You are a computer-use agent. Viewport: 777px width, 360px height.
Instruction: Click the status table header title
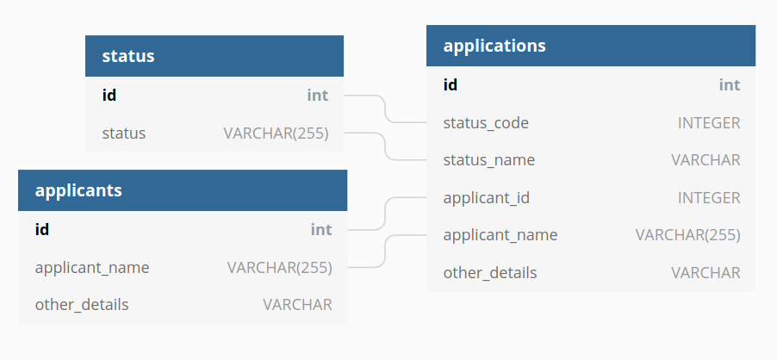click(128, 57)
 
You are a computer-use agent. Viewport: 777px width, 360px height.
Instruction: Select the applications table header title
click(494, 46)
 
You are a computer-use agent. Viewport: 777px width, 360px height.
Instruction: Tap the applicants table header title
click(78, 190)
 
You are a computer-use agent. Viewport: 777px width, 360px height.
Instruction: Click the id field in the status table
click(109, 96)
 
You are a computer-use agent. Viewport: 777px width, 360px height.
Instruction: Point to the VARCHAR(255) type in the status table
click(276, 133)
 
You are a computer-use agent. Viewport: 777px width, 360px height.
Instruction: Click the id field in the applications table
click(451, 84)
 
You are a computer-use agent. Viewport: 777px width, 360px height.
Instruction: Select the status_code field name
click(486, 122)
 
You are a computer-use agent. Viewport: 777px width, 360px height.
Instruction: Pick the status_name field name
click(489, 160)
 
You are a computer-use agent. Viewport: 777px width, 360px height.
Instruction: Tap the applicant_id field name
click(487, 198)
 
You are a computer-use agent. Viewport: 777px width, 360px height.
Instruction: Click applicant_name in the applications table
click(500, 235)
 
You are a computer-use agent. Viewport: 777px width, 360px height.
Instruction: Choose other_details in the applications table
click(490, 273)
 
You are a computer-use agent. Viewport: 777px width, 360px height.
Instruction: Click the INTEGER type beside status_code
click(709, 122)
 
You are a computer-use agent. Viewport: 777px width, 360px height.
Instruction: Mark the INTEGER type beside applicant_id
click(709, 198)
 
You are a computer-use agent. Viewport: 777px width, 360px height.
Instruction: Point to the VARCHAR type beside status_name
click(706, 160)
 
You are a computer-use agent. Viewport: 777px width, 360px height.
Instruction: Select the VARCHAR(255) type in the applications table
click(687, 235)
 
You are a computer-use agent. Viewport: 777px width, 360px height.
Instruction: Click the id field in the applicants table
click(42, 230)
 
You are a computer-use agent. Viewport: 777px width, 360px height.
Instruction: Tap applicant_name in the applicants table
click(92, 268)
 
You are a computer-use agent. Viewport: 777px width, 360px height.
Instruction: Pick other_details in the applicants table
click(82, 305)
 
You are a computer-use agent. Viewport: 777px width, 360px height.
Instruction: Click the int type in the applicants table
click(321, 230)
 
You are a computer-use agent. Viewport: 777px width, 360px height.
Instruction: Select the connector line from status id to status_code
click(384, 109)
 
